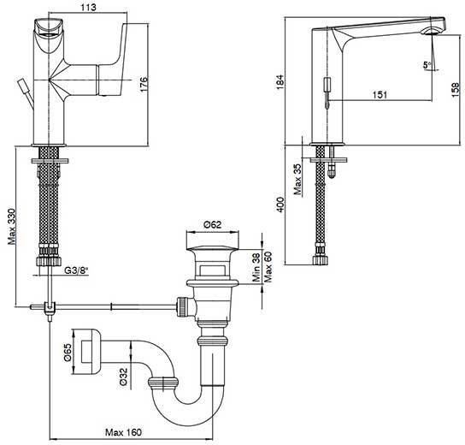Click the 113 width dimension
[88, 7]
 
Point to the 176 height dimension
[144, 85]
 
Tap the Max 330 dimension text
[12, 227]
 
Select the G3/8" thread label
[77, 270]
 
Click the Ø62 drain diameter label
[213, 224]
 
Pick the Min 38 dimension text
[256, 267]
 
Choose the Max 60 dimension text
[268, 267]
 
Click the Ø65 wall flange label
[68, 353]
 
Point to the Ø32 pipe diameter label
[123, 377]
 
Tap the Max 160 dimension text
[123, 432]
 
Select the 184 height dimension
[280, 82]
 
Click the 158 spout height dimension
[456, 89]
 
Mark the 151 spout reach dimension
[380, 95]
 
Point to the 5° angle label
[427, 65]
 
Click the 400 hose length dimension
[280, 205]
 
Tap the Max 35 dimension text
[297, 180]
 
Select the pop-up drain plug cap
[212, 248]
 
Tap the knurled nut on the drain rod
[181, 307]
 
